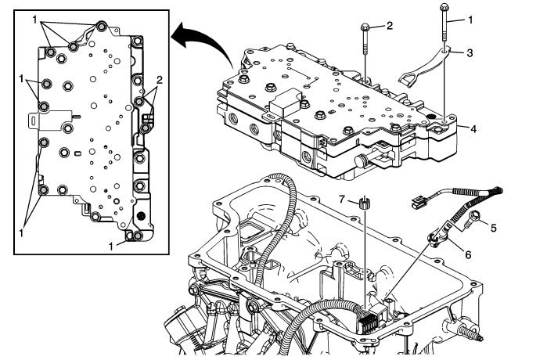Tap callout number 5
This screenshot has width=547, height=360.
click(493, 229)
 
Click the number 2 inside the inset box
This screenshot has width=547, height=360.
click(160, 80)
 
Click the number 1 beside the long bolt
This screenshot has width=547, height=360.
click(470, 17)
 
